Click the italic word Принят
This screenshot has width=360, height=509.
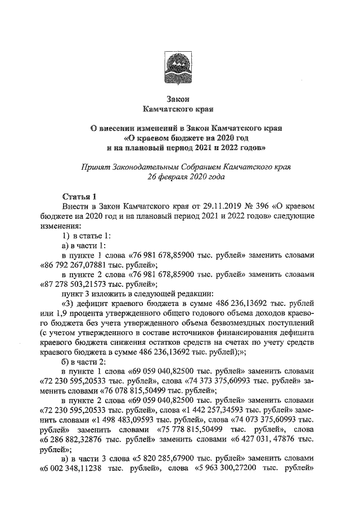click(95, 166)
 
